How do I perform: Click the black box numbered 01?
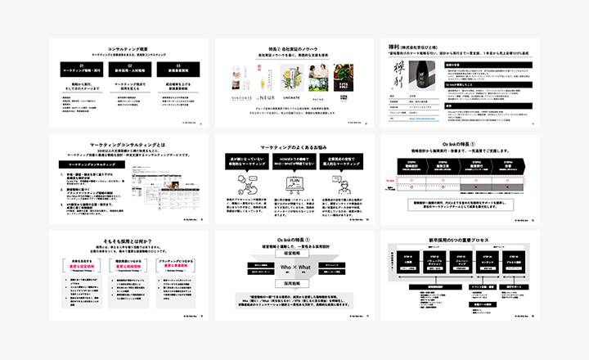pyautogui.click(x=82, y=69)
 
